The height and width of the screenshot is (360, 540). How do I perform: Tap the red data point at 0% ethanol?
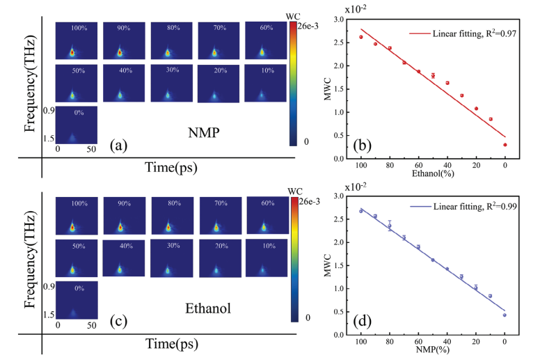tap(505, 145)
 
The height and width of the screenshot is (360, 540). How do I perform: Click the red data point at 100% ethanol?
tap(360, 37)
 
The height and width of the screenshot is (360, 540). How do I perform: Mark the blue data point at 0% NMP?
tap(505, 315)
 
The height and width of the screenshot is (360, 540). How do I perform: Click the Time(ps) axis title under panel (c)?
tap(170, 343)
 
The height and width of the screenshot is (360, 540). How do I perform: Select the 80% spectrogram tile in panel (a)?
tap(171, 40)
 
